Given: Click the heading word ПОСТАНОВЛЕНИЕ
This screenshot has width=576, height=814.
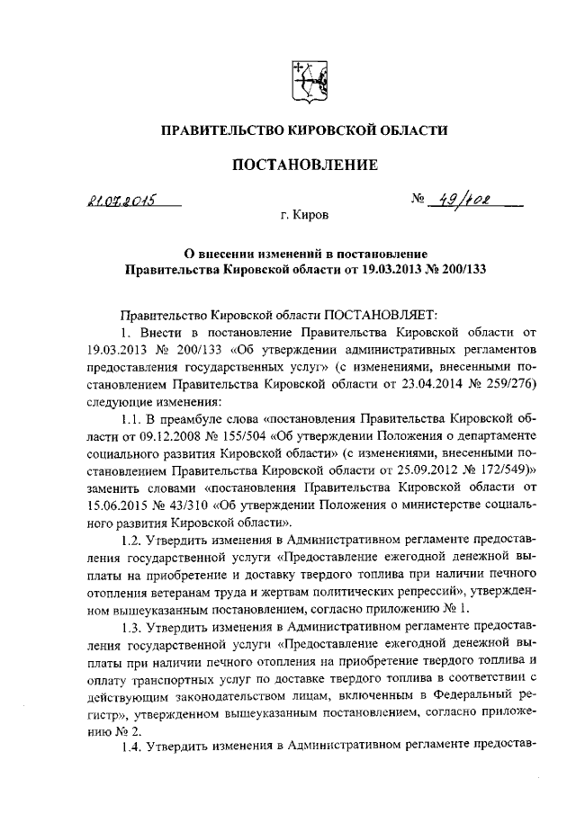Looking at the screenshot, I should tap(303, 165).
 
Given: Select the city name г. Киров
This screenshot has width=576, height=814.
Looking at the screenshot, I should tap(303, 217).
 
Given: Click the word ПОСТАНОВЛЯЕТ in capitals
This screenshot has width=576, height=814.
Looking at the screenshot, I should tap(380, 314).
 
